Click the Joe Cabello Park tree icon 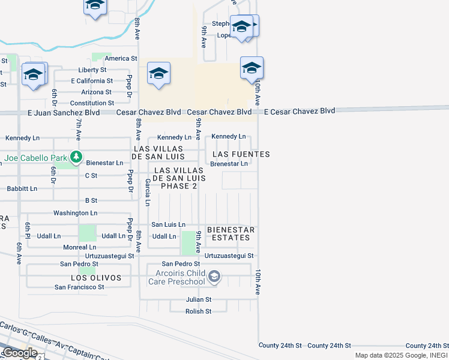point(76,157)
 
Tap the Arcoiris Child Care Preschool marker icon point(215,277)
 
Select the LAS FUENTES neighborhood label point(241,154)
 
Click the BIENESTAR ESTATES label point(231,234)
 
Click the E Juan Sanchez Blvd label point(63,112)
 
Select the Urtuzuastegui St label point(229,256)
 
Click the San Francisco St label point(79,287)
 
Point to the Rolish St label point(198,311)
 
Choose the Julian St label point(199,299)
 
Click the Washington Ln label point(75,213)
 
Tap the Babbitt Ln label point(22,188)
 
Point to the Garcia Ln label point(147,195)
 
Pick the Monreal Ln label point(79,247)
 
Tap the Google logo point(19,353)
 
